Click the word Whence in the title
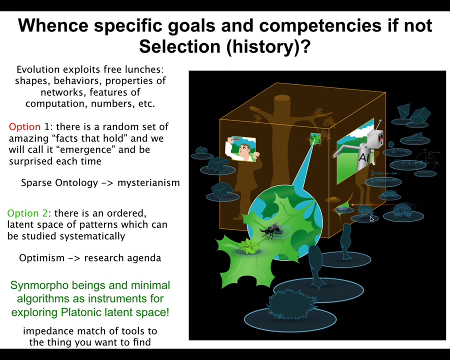pos(53,25)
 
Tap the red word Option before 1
pos(24,127)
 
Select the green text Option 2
pos(27,213)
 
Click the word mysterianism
pos(148,183)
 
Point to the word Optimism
pos(41,258)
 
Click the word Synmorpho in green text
pos(39,285)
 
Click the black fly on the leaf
pos(270,230)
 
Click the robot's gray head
pos(375,138)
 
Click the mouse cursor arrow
pos(372,219)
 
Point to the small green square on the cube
pos(315,138)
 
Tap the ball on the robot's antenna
pos(380,121)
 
